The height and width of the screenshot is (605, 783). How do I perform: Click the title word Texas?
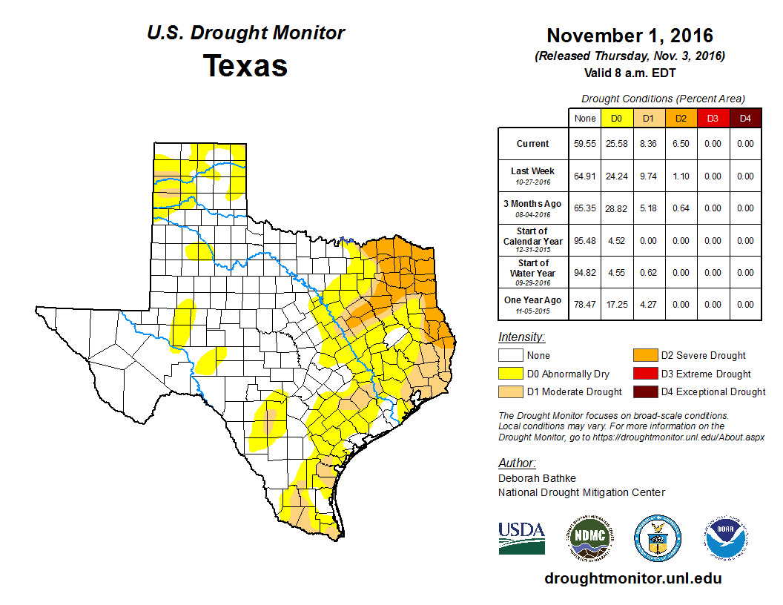click(x=245, y=66)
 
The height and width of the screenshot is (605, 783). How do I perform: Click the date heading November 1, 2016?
click(x=630, y=36)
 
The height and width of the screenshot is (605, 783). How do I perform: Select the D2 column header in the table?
click(x=680, y=118)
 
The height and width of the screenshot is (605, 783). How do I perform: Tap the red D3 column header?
click(x=713, y=118)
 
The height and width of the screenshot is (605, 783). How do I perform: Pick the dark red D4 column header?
click(x=745, y=118)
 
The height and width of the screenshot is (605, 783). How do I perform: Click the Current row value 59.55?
click(x=584, y=144)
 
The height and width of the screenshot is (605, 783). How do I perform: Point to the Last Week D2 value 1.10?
click(x=680, y=176)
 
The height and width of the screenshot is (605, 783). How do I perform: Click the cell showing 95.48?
click(x=584, y=240)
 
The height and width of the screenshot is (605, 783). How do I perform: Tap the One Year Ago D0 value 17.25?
click(x=616, y=305)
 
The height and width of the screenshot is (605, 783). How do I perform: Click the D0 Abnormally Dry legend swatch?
click(x=510, y=374)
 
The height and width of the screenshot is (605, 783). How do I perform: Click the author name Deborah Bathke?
click(x=537, y=478)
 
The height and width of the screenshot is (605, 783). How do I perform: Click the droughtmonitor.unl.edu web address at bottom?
click(x=632, y=578)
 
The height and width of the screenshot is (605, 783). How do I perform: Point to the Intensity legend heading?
click(x=521, y=337)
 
